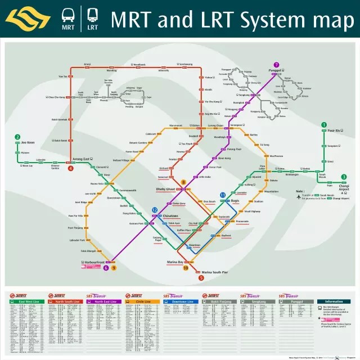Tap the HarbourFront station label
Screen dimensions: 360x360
point(92,262)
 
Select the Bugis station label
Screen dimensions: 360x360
point(235,200)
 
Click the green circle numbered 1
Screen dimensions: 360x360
point(323,125)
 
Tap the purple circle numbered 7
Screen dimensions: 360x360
point(276,65)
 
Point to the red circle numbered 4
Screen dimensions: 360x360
point(71,168)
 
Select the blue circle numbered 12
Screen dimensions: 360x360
point(155,210)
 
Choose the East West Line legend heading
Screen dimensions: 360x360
point(27,302)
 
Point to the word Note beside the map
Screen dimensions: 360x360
point(300,190)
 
